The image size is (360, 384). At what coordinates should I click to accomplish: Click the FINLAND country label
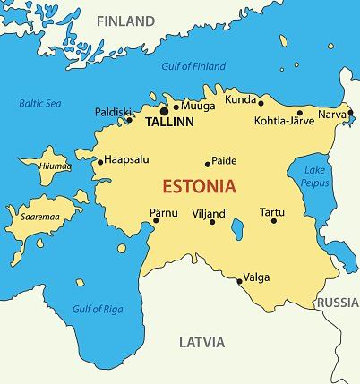124,21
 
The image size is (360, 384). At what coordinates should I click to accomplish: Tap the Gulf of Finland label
193,66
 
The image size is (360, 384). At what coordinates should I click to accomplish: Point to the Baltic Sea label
39,103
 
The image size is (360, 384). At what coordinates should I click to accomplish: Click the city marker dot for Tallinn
165,111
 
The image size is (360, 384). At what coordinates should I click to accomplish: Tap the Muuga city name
199,106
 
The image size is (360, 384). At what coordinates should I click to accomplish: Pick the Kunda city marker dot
261,102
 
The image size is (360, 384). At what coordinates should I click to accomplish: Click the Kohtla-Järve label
284,120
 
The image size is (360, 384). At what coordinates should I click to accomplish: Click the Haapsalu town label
126,160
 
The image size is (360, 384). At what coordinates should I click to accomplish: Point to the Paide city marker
208,164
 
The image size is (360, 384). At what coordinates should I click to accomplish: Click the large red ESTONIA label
199,187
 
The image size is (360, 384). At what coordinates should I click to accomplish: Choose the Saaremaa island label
30,216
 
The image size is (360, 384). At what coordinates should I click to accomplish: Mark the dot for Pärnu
156,221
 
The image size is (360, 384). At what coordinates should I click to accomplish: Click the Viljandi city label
210,213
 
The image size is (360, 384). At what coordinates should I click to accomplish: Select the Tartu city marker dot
274,221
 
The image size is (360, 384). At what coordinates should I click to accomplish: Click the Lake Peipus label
315,175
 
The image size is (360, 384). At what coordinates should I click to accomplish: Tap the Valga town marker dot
239,281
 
